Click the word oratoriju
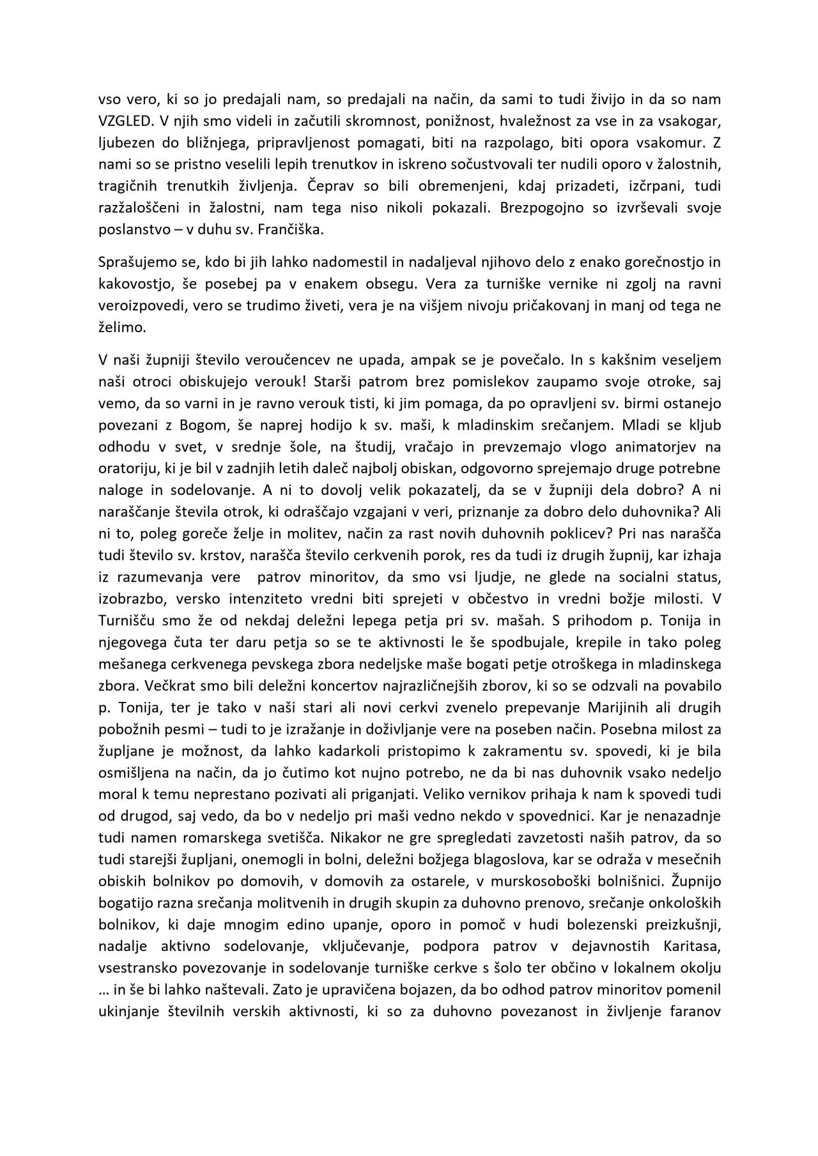[128, 469]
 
